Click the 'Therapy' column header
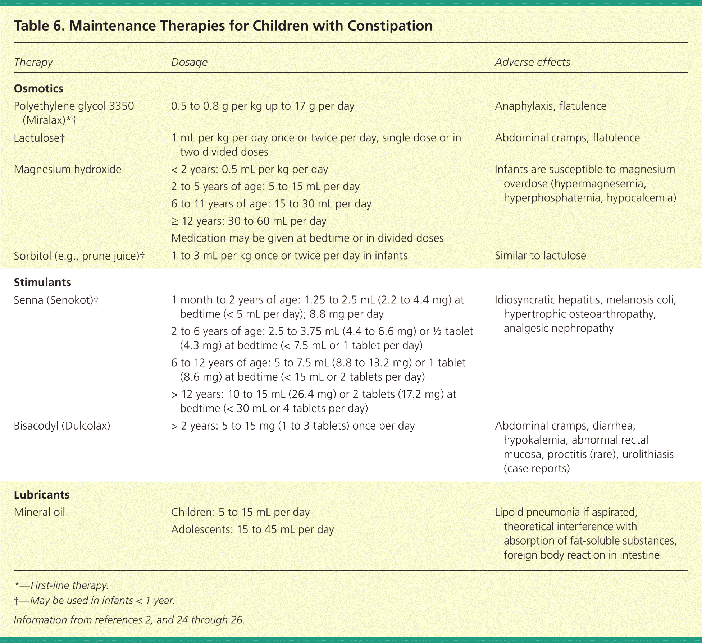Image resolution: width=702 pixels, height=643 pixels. (33, 62)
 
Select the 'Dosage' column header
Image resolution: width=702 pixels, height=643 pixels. (189, 62)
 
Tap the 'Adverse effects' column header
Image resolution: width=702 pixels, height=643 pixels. (532, 62)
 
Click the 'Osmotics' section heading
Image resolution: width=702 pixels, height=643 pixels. (38, 88)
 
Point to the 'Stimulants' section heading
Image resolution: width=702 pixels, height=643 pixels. (42, 282)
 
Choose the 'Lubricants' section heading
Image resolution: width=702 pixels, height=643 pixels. (42, 495)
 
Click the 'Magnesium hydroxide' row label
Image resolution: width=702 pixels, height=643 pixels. (68, 169)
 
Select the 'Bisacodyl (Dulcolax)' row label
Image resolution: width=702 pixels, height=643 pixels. (62, 426)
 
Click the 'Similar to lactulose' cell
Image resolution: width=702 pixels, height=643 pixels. (540, 256)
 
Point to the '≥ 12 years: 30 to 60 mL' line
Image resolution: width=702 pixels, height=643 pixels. (249, 221)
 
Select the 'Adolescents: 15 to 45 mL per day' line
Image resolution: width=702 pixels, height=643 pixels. (252, 529)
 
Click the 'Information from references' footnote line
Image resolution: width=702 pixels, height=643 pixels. (129, 620)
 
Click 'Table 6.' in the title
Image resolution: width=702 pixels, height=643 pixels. (39, 26)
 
